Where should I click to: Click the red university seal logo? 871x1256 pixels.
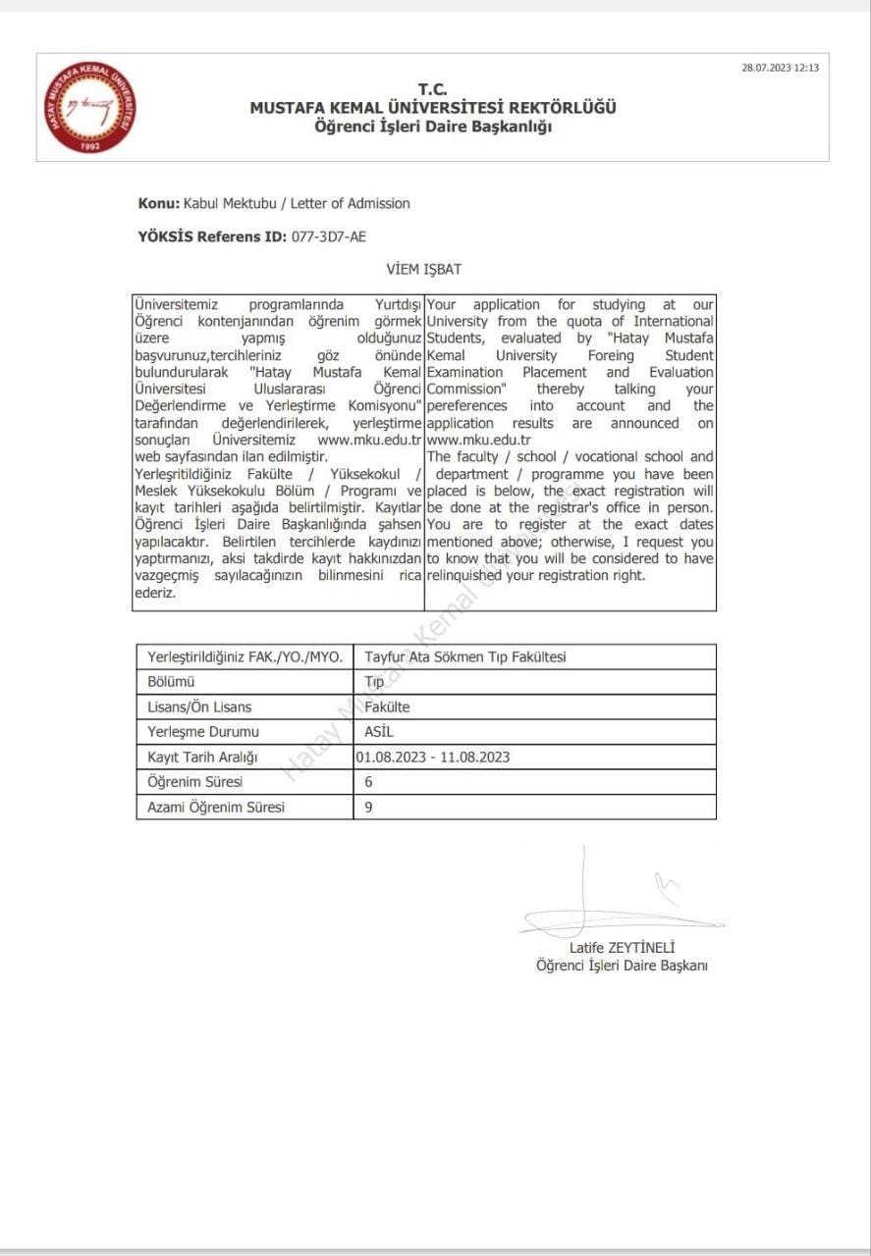91,106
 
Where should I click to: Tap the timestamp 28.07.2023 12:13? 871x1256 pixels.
780,68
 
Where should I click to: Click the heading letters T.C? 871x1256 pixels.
432,90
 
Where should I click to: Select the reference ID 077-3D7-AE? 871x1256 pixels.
329,236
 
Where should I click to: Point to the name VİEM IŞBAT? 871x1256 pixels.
424,269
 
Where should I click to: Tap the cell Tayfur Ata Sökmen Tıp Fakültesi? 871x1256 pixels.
465,656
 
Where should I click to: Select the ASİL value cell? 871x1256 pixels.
379,732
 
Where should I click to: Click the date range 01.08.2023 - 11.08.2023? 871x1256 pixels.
433,757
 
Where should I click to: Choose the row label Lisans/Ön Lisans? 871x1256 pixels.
199,706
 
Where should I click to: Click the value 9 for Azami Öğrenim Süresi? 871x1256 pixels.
369,807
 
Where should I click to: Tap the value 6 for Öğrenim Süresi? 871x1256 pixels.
369,782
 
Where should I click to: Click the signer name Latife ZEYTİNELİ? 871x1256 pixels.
623,948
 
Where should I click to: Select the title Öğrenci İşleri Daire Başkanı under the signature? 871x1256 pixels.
622,966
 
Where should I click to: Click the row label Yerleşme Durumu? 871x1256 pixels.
203,732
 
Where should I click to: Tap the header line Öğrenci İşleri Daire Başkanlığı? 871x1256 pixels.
432,127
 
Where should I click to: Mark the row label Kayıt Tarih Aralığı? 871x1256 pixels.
202,757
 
